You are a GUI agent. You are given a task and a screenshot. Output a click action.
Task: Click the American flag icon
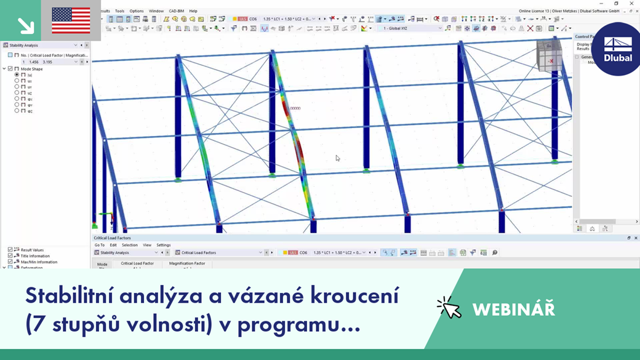(71, 20)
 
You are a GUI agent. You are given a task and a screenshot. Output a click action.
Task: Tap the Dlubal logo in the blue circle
(618, 49)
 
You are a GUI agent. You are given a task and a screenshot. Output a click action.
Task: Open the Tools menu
(119, 11)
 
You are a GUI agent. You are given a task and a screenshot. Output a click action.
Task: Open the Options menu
(137, 11)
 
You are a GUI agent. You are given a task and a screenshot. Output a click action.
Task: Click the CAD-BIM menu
(176, 11)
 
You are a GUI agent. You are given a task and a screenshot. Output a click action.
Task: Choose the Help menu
(193, 11)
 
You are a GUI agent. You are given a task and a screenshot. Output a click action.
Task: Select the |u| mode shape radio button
(17, 75)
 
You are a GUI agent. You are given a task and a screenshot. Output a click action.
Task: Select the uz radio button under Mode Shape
(17, 93)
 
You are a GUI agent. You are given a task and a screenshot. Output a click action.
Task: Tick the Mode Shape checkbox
(10, 69)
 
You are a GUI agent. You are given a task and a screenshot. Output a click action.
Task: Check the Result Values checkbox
(10, 250)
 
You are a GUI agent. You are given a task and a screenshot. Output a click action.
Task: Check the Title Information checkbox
(10, 256)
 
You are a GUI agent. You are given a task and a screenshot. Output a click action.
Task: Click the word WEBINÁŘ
(513, 309)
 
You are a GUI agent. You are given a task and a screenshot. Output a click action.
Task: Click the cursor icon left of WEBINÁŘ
(449, 308)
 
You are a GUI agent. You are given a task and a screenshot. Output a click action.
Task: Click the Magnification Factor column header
(187, 263)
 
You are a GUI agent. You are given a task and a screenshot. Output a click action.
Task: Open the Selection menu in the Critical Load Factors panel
(129, 245)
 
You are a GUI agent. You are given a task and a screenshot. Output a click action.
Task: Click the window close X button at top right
(631, 4)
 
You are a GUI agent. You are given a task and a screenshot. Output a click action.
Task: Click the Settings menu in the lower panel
(163, 245)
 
